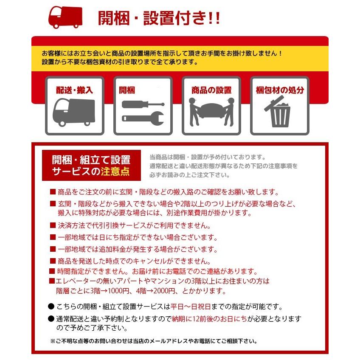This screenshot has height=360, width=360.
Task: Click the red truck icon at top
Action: [65, 17]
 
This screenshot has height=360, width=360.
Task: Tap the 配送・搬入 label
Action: [74, 90]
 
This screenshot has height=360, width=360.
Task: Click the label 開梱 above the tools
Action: [127, 90]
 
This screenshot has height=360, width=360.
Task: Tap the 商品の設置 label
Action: [211, 90]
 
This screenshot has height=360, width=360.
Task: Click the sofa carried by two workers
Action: [211, 111]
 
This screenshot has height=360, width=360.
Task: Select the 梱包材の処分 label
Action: [280, 90]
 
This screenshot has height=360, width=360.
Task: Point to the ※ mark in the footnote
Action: [53, 341]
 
